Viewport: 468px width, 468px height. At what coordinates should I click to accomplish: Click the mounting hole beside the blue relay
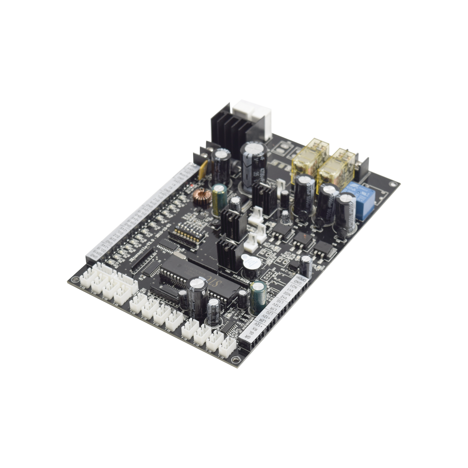(x=393, y=184)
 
